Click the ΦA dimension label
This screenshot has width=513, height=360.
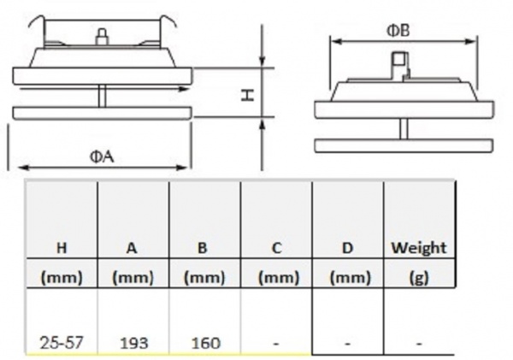pyautogui.click(x=102, y=157)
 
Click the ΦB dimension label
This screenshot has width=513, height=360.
pyautogui.click(x=398, y=31)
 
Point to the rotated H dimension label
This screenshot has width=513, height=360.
pyautogui.click(x=248, y=95)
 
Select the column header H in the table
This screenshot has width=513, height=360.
pyautogui.click(x=62, y=248)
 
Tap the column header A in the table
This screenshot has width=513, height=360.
pyautogui.click(x=132, y=248)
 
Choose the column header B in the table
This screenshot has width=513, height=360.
pyautogui.click(x=203, y=248)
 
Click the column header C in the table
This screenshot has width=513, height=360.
pyautogui.click(x=276, y=248)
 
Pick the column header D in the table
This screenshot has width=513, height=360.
pyautogui.click(x=347, y=248)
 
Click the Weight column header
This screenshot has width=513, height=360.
pyautogui.click(x=419, y=248)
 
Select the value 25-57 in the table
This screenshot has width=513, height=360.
pyautogui.click(x=61, y=343)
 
